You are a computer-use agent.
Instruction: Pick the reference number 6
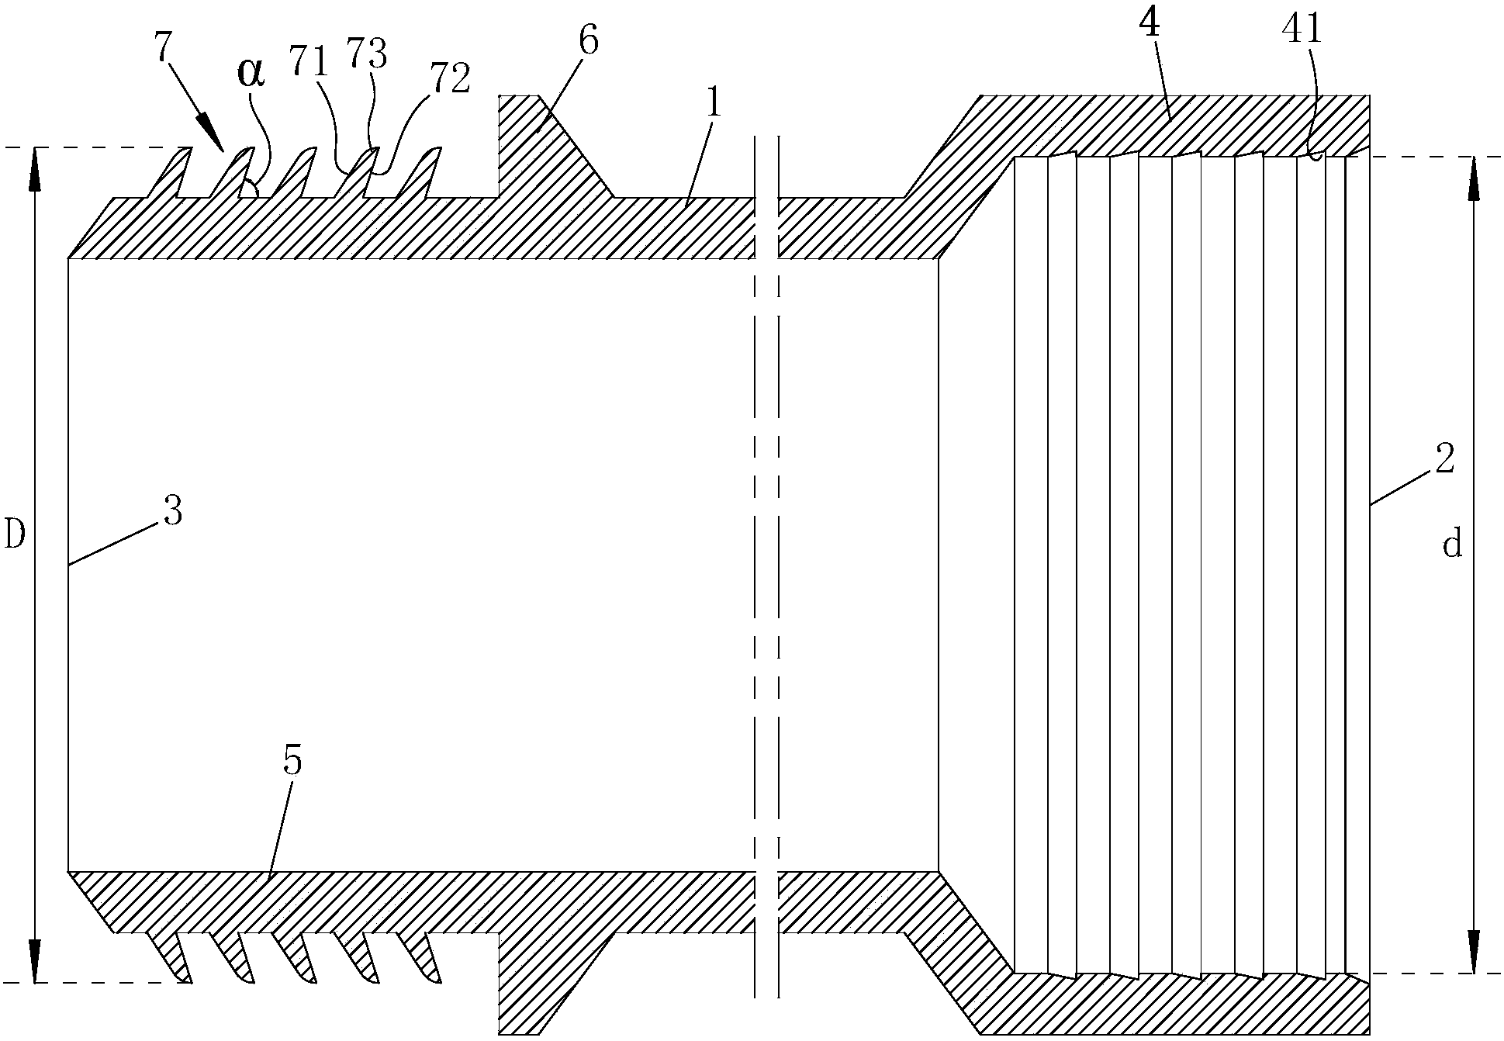point(589,41)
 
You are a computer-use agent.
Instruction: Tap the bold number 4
point(1150,25)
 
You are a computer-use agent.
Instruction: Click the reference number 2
point(1444,460)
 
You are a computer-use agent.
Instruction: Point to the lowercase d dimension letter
point(1452,545)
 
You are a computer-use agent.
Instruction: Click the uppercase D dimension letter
point(16,534)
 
